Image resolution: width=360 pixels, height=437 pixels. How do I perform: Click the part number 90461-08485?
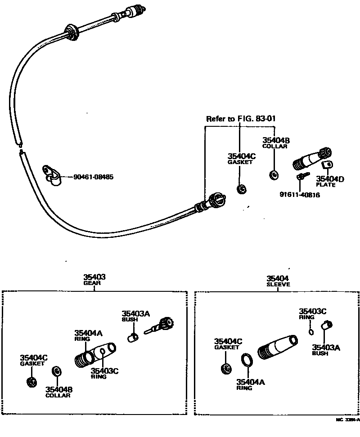[x=93, y=177]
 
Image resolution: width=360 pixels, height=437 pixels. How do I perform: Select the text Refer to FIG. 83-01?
[x=240, y=119]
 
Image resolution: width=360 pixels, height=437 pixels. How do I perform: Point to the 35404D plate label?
[x=330, y=179]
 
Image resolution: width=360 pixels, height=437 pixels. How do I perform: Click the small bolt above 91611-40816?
[x=301, y=176]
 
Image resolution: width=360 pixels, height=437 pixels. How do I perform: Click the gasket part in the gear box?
[x=31, y=382]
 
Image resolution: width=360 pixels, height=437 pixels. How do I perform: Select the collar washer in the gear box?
[x=57, y=371]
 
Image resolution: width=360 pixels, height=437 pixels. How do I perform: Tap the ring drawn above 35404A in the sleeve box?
[x=247, y=361]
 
